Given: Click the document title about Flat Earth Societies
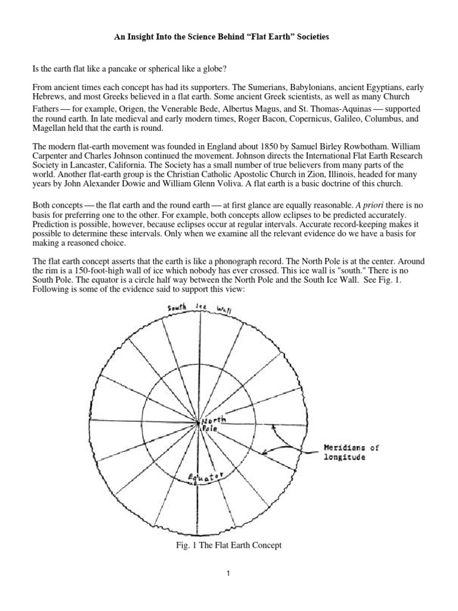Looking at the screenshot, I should click(x=230, y=37).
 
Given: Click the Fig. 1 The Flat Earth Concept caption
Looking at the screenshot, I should click(x=229, y=545).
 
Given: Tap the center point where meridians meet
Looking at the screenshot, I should click(x=198, y=423).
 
